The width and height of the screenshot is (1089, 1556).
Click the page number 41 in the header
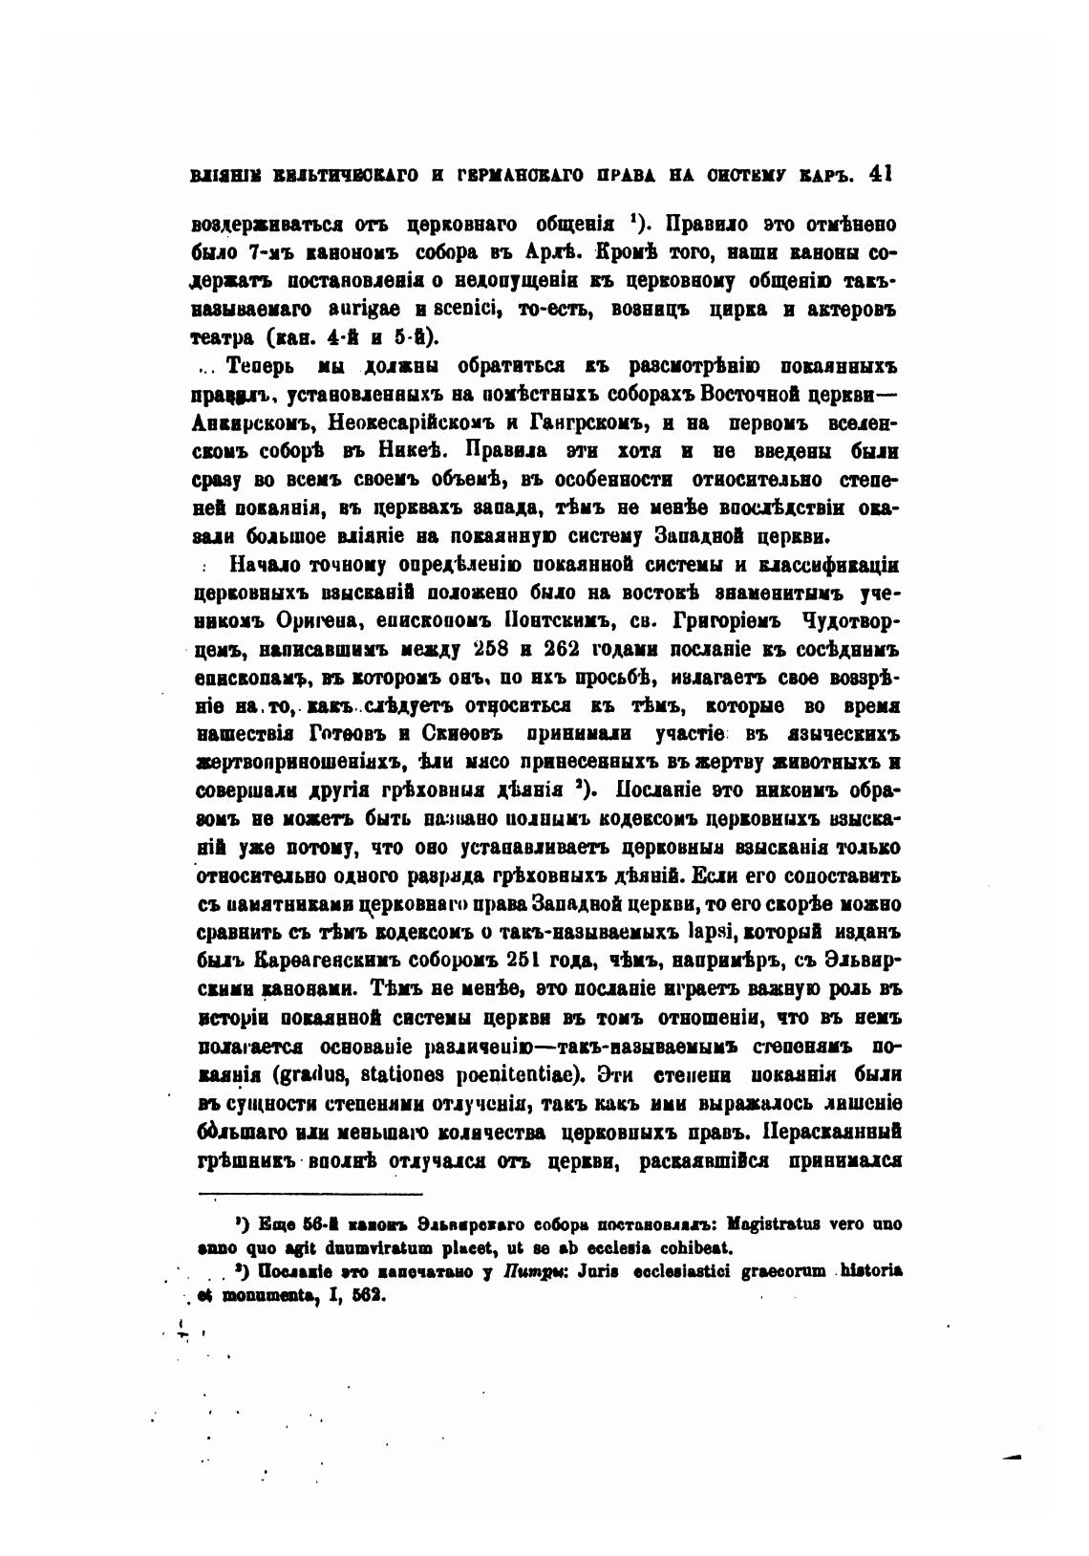[x=857, y=175]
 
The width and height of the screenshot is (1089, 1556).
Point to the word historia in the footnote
[x=871, y=1272]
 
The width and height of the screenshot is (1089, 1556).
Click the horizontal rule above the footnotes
[x=310, y=1194]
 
